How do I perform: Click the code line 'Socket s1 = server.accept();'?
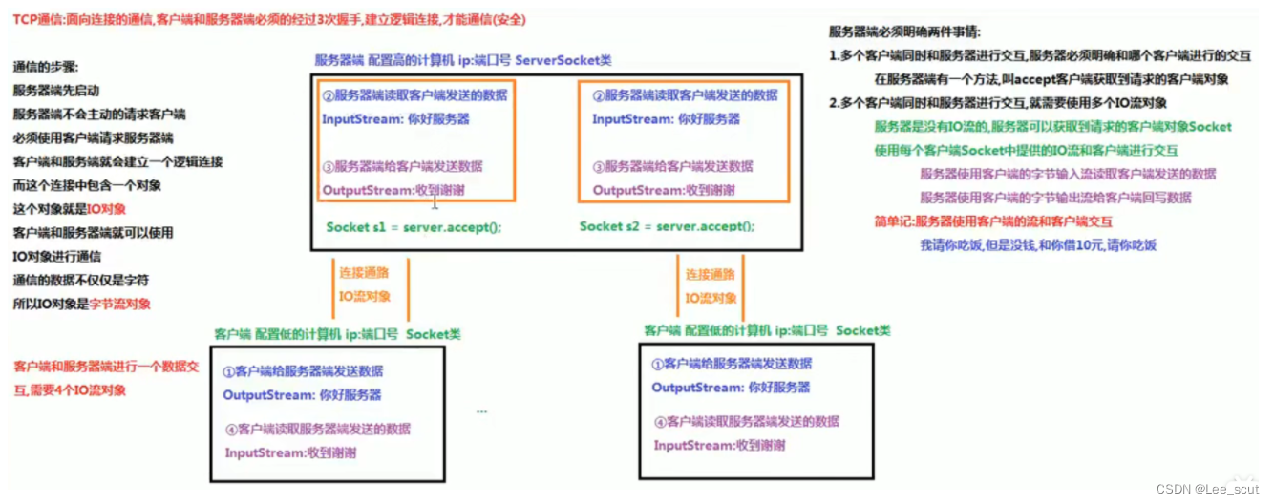(x=414, y=227)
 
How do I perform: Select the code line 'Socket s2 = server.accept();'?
(x=667, y=226)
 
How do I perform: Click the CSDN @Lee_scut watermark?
(x=1207, y=489)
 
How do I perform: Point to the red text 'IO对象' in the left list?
(x=106, y=209)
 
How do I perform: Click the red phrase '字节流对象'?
(x=119, y=304)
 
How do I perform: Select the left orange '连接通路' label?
(x=364, y=273)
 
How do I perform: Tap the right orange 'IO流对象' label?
(x=711, y=298)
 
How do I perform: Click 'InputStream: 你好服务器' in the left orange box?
(x=395, y=119)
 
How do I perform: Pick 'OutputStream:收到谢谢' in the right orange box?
(x=664, y=190)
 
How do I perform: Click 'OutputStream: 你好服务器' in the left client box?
(x=302, y=395)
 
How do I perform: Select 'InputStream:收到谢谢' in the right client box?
(x=719, y=446)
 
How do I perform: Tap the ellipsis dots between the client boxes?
(x=481, y=411)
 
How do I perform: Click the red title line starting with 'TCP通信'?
(x=269, y=20)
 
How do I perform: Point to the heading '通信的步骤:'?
(x=46, y=67)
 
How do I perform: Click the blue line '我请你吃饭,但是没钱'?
(x=1038, y=245)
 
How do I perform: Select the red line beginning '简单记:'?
(x=993, y=221)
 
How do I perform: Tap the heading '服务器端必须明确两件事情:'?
(x=904, y=31)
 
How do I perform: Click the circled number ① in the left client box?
(x=228, y=371)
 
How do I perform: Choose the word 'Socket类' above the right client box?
(x=862, y=330)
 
